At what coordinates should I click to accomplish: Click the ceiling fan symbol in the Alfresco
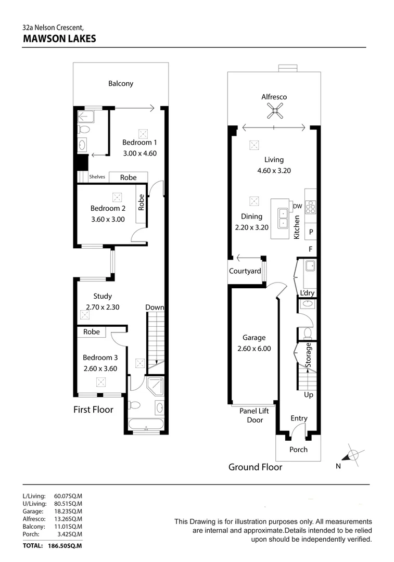pos(274,110)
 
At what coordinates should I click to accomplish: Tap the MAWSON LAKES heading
pos(60,39)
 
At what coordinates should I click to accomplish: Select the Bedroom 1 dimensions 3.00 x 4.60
pos(139,153)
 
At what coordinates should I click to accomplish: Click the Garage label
pos(253,338)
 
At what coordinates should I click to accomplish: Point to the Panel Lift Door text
pos(254,415)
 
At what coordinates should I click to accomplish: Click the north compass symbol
pos(352,455)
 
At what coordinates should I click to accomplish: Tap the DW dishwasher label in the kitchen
pos(297,207)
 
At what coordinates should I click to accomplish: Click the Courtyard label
pos(245,271)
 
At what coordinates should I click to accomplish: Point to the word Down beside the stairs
pos(155,308)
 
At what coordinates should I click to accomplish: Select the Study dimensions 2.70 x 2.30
pos(103,307)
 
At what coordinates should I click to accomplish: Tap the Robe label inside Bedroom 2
pos(141,203)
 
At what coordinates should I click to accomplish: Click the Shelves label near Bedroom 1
pos(97,177)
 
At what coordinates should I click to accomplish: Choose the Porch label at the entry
pos(298,450)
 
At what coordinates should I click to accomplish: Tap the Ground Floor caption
pos(255,467)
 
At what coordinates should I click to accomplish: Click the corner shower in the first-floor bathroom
pos(155,388)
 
